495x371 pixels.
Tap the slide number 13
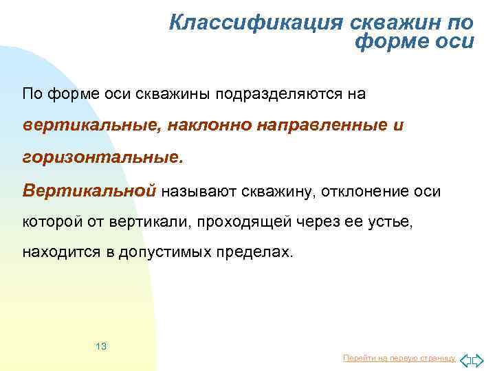(101, 346)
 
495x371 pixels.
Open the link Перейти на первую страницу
(399, 359)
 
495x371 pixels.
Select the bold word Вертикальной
(89, 190)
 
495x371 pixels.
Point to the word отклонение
(363, 190)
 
